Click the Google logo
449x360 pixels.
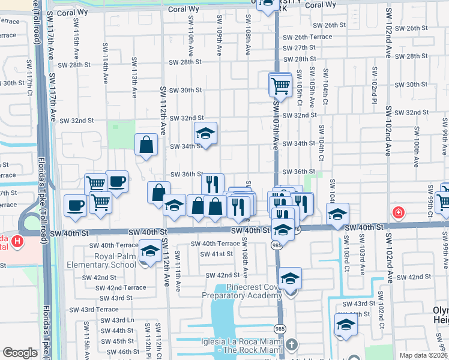click(x=20, y=353)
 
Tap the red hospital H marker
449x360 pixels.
click(x=397, y=212)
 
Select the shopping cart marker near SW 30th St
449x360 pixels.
click(x=280, y=86)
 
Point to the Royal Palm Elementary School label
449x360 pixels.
click(x=102, y=260)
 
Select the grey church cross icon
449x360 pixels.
click(x=292, y=345)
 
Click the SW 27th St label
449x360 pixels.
click(x=299, y=47)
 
